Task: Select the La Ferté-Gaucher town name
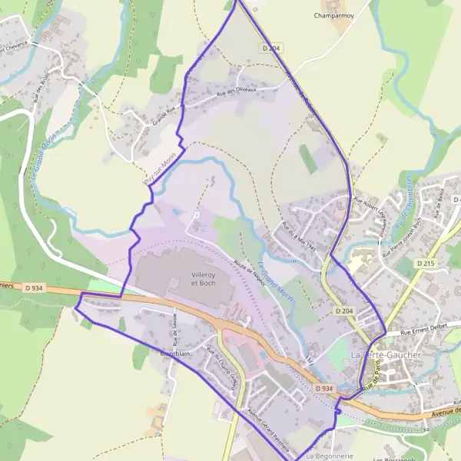pyautogui.click(x=386, y=355)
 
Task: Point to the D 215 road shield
pyautogui.click(x=426, y=263)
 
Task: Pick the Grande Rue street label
pyautogui.click(x=160, y=116)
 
